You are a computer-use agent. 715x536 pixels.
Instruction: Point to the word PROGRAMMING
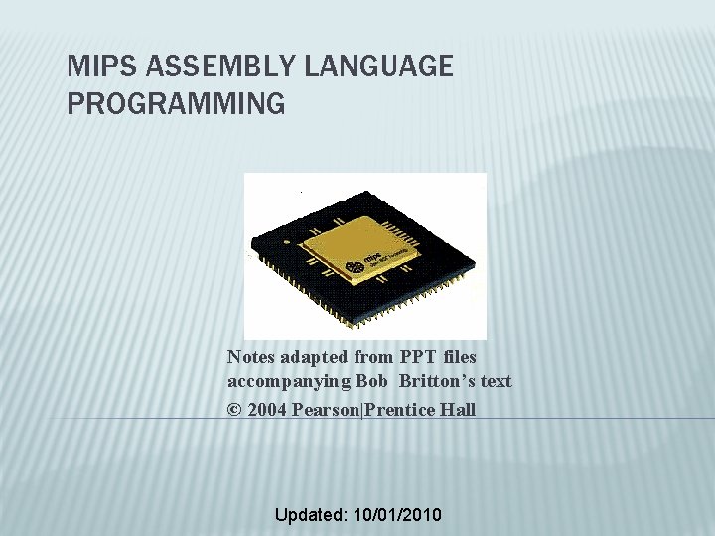click(x=176, y=103)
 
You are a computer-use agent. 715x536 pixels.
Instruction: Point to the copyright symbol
click(x=234, y=410)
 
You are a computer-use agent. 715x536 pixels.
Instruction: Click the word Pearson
click(x=330, y=410)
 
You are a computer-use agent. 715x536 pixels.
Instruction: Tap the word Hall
click(x=457, y=410)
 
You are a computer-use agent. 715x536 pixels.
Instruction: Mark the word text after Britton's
click(x=496, y=381)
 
